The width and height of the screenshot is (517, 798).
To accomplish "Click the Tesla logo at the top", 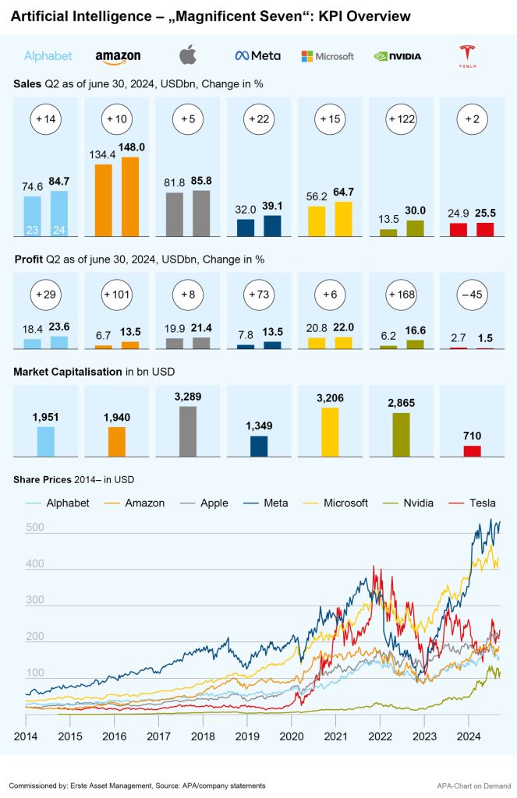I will (x=468, y=55).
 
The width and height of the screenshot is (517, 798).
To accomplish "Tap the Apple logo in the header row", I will (x=188, y=55).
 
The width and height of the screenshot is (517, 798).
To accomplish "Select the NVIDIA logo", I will (x=398, y=56).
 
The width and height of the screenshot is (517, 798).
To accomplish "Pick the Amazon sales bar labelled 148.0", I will (x=131, y=196).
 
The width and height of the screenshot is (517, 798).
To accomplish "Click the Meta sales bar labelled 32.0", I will (x=246, y=227).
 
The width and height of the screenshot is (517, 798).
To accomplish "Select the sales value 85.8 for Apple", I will (x=201, y=181).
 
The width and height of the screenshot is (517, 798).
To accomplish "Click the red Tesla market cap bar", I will (x=473, y=450).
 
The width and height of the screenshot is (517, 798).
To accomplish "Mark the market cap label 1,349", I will (x=259, y=425).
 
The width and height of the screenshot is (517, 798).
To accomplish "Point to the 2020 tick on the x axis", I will (x=292, y=736).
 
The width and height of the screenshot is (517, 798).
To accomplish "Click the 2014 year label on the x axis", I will (x=26, y=736).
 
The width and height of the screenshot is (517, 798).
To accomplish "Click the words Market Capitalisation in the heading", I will (x=67, y=372).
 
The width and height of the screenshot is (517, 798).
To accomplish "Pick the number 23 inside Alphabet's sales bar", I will (x=32, y=229).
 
